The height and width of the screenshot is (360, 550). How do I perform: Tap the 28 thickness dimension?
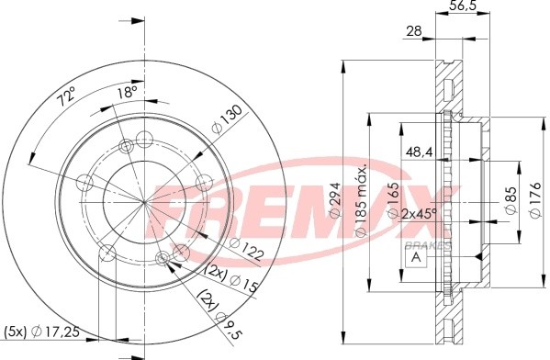(415, 32)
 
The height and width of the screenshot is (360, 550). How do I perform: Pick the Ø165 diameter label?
(389, 195)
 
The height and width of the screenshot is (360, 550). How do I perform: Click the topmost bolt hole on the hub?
(144, 140)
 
